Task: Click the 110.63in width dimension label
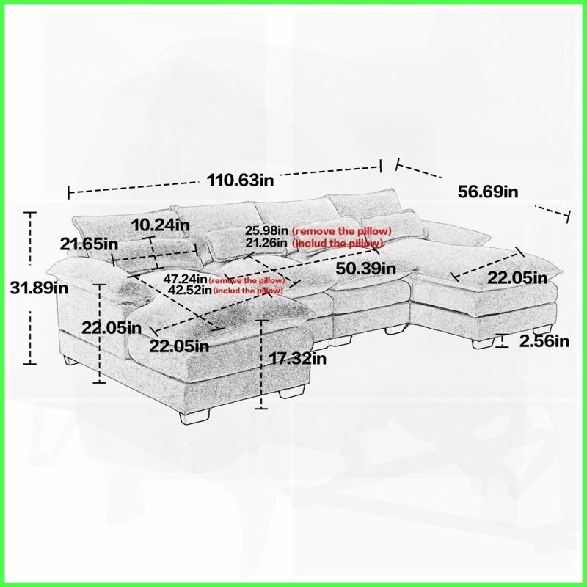(x=241, y=180)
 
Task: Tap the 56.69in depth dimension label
(x=488, y=192)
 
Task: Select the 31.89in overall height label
(x=39, y=288)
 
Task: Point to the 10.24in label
(x=161, y=225)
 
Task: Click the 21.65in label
(x=89, y=244)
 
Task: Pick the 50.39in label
(x=365, y=269)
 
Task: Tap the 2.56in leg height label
(x=544, y=341)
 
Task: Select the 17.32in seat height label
(x=298, y=359)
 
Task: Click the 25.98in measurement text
(x=266, y=230)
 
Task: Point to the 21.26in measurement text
(x=266, y=243)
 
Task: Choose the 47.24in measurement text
(x=186, y=279)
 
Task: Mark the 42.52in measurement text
(x=190, y=289)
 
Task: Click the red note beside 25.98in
(x=341, y=231)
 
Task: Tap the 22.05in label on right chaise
(x=517, y=278)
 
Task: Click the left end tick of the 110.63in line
(x=69, y=193)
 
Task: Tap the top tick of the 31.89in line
(x=30, y=213)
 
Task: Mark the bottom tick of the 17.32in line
(x=261, y=408)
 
